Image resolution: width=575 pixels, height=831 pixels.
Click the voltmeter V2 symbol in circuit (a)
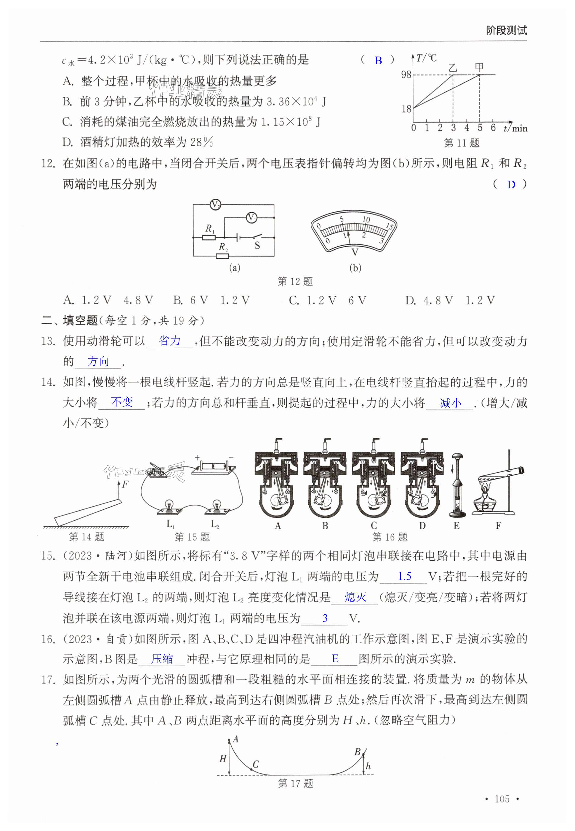pyautogui.click(x=215, y=205)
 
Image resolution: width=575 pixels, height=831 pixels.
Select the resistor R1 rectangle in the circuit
pyautogui.click(x=209, y=238)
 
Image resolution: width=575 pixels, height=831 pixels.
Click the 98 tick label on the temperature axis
pyautogui.click(x=406, y=75)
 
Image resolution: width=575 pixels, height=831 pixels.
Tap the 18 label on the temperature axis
pyautogui.click(x=406, y=108)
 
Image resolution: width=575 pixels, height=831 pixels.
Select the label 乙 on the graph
pyautogui.click(x=453, y=67)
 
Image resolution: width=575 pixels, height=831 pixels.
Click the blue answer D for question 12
pyautogui.click(x=511, y=185)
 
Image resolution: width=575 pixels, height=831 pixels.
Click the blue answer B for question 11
pyautogui.click(x=378, y=60)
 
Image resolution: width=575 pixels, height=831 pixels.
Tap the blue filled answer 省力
pyautogui.click(x=169, y=341)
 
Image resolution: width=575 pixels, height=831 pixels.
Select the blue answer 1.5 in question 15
pyautogui.click(x=404, y=576)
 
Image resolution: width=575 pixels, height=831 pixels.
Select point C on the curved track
pyautogui.click(x=251, y=769)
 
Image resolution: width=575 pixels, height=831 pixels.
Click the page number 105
pyautogui.click(x=502, y=799)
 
